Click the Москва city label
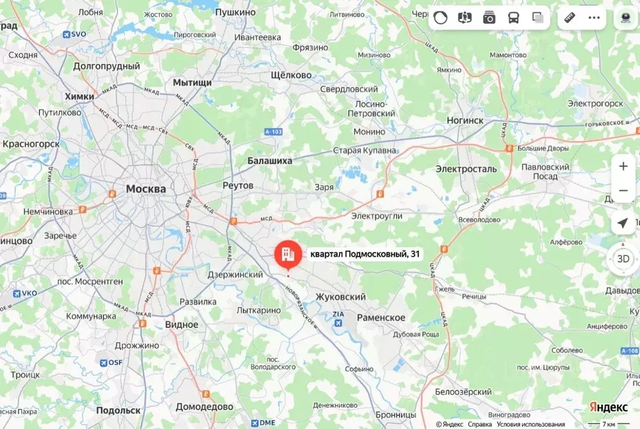click(x=146, y=189)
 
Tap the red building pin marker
click(x=288, y=254)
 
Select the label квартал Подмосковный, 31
click(x=365, y=254)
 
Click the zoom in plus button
click(x=623, y=167)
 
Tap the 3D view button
click(x=623, y=258)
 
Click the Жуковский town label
click(x=340, y=296)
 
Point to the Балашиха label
click(x=270, y=161)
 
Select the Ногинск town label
click(x=465, y=120)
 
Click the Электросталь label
click(x=466, y=169)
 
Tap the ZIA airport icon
click(x=338, y=323)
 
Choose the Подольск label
click(x=118, y=410)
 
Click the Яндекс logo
click(x=608, y=407)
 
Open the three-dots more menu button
click(x=594, y=18)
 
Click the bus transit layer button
click(x=513, y=18)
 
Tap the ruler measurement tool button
click(x=569, y=18)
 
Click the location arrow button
click(x=623, y=224)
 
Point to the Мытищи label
click(x=192, y=83)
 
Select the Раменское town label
click(x=381, y=318)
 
